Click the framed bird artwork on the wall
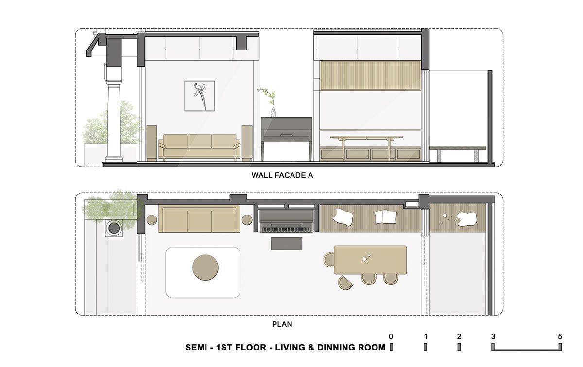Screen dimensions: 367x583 (200, 96)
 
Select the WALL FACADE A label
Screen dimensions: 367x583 (282, 176)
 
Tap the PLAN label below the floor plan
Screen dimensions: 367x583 (282, 324)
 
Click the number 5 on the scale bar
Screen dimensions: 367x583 (560, 336)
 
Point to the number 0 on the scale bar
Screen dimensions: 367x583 (391, 336)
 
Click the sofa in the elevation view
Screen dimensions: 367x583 (200, 146)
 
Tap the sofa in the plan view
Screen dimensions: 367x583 (200, 219)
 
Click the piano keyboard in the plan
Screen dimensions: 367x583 (285, 228)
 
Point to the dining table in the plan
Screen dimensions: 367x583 (370, 259)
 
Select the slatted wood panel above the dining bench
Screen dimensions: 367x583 (370, 75)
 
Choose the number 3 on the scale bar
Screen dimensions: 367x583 (493, 336)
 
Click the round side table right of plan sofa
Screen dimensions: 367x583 (247, 219)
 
